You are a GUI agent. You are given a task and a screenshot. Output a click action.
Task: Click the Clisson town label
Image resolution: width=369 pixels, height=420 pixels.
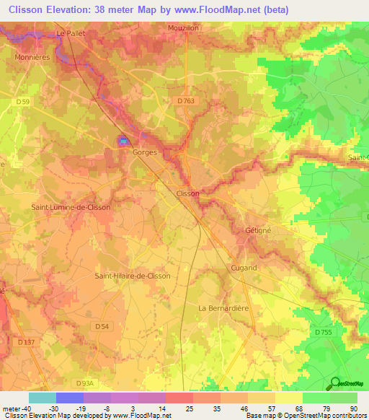pyautogui.click(x=188, y=193)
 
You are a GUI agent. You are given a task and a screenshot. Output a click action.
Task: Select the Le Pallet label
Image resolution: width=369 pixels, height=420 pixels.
pyautogui.click(x=71, y=33)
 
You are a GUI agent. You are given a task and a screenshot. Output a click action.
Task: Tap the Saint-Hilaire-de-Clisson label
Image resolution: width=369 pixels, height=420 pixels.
pyautogui.click(x=133, y=276)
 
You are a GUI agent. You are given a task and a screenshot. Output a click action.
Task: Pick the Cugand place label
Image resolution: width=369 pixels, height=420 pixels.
pyautogui.click(x=244, y=268)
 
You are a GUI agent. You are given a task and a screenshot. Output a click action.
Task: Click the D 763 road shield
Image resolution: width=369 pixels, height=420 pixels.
pyautogui.click(x=184, y=101)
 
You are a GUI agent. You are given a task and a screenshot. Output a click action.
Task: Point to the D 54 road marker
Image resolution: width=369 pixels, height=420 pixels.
pyautogui.click(x=102, y=327)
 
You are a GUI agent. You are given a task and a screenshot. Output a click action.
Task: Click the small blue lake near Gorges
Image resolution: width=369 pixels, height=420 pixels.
pyautogui.click(x=123, y=141)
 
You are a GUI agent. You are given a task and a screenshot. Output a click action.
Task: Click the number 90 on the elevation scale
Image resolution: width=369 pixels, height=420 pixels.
pyautogui.click(x=353, y=408)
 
